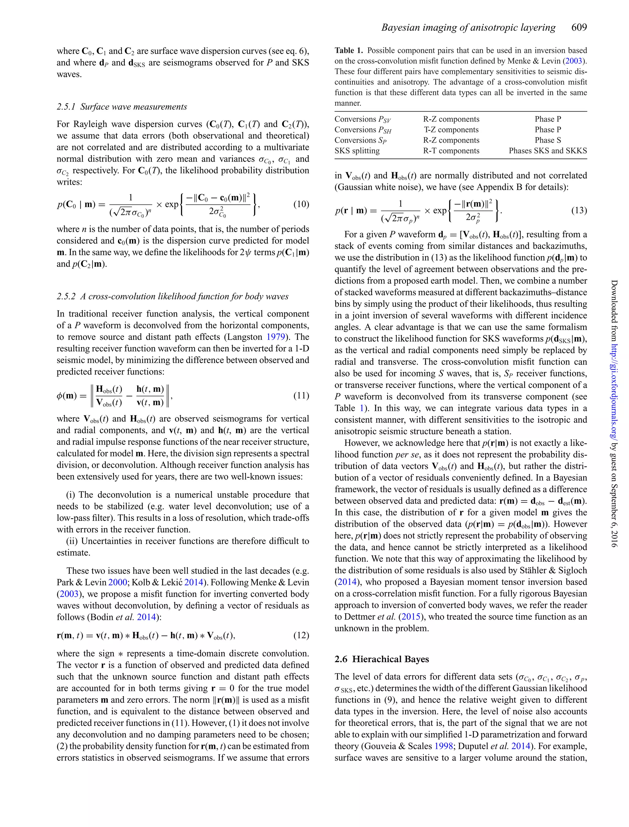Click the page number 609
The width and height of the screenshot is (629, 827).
(579, 27)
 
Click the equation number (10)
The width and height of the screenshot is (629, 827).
(301, 204)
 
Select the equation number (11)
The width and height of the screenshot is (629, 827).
(301, 396)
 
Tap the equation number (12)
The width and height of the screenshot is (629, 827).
(301, 635)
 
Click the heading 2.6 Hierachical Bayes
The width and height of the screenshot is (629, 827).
(381, 659)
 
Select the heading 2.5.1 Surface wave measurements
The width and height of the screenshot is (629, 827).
(122, 107)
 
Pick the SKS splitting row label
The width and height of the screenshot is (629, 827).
(357, 151)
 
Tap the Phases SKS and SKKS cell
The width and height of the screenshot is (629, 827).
(547, 151)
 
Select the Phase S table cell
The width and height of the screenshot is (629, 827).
(547, 140)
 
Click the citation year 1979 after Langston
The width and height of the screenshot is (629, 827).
(275, 337)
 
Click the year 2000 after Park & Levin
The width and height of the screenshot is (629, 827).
(118, 582)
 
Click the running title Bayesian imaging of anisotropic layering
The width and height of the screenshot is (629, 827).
(468, 27)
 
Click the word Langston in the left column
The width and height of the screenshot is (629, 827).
(244, 337)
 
